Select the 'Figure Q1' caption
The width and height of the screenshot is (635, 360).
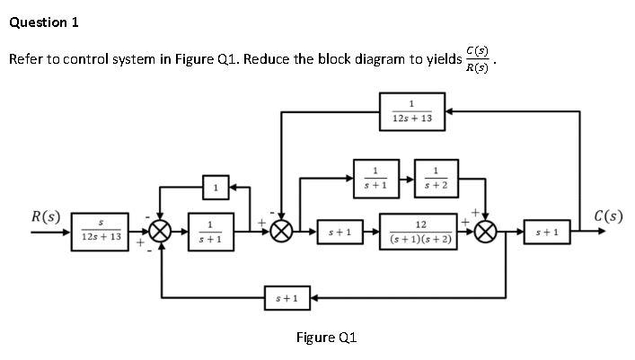pyautogui.click(x=327, y=338)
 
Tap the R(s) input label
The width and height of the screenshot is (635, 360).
pyautogui.click(x=46, y=216)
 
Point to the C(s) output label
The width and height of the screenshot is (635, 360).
pyautogui.click(x=608, y=216)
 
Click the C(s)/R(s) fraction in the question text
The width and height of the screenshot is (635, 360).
pyautogui.click(x=478, y=59)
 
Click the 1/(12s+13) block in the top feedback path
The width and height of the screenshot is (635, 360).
pyautogui.click(x=412, y=111)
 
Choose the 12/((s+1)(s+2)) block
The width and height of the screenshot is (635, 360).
pyautogui.click(x=420, y=232)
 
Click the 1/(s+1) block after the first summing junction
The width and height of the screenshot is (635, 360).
pyautogui.click(x=209, y=232)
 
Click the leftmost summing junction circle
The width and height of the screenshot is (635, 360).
pyautogui.click(x=162, y=232)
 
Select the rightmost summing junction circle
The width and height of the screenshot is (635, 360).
pyautogui.click(x=486, y=232)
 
